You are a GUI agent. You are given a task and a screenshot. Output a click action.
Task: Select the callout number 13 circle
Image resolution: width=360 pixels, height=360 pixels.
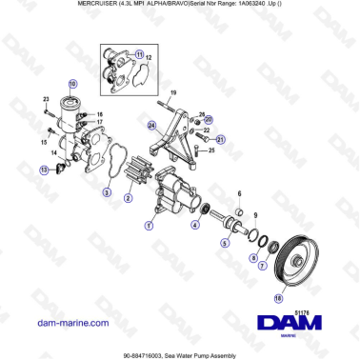pyautogui.click(x=43, y=170)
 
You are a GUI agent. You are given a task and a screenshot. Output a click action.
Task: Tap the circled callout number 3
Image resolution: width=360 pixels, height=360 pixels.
pyautogui.click(x=107, y=193)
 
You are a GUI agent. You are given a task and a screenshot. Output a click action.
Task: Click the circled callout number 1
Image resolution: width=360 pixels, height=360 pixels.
pyautogui.click(x=148, y=226)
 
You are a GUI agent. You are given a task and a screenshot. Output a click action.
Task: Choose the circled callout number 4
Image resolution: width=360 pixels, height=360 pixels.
pyautogui.click(x=194, y=226)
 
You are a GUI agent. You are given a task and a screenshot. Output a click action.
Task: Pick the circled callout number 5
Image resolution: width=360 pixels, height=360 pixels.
pyautogui.click(x=225, y=243)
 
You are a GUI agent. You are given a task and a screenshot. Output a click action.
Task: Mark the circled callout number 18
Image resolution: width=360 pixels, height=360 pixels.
pyautogui.click(x=278, y=298)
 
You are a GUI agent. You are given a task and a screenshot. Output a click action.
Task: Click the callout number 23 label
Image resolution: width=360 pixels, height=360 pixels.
pyautogui.click(x=46, y=99)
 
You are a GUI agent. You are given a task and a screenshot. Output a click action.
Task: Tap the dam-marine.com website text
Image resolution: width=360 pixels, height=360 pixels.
pyautogui.click(x=73, y=323)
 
